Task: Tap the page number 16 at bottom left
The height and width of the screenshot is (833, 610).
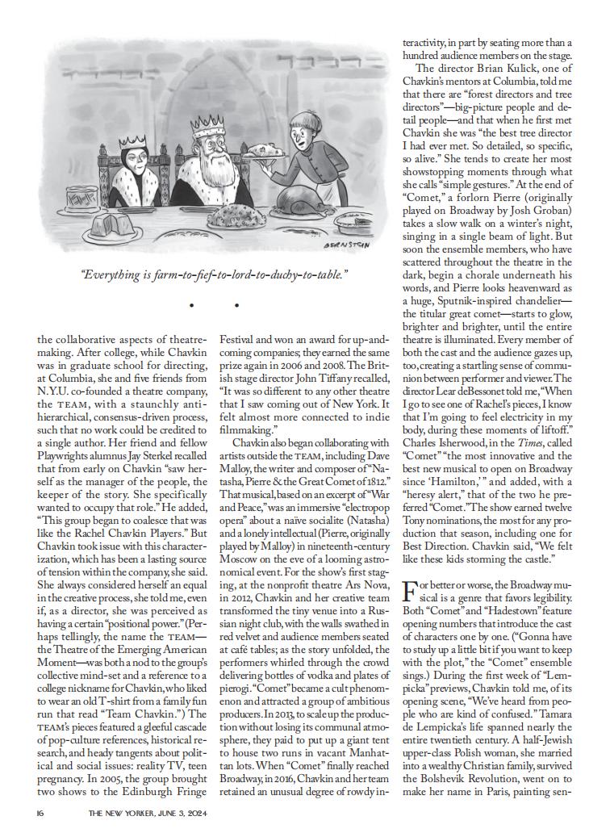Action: (41, 813)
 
